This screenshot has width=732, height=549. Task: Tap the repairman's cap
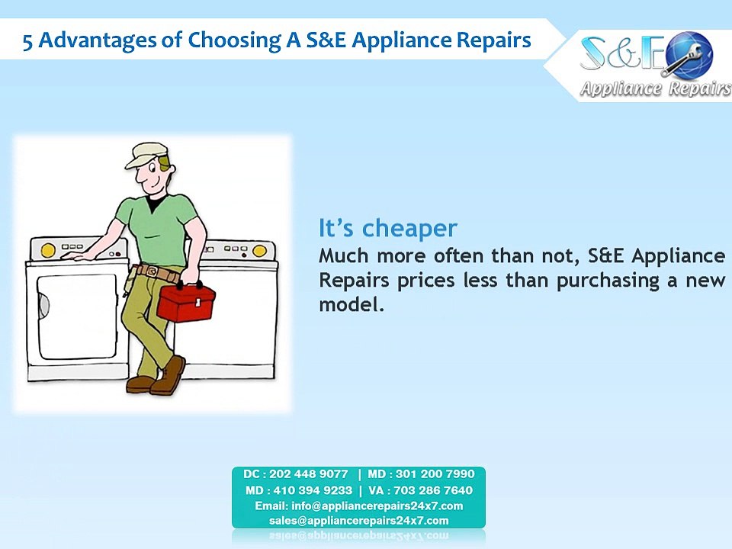[x=146, y=155]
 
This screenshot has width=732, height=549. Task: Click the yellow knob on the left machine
[x=48, y=251]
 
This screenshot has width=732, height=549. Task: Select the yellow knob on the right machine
[x=259, y=252]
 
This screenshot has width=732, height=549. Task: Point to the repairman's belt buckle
[x=152, y=271]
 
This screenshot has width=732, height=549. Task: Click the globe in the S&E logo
[x=689, y=54]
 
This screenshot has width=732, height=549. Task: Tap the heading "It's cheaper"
[x=387, y=228]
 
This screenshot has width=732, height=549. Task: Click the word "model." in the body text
[x=352, y=305]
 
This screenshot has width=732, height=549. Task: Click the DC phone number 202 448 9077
[x=309, y=474]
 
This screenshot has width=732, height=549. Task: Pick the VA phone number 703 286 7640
[x=433, y=490]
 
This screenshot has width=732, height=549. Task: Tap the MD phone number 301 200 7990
[x=435, y=474]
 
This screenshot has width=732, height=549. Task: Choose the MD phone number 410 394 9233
[x=313, y=490]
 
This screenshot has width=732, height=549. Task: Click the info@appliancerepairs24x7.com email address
[x=377, y=506]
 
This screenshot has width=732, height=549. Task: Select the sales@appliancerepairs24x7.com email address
[x=358, y=521]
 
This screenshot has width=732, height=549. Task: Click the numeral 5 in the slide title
[x=27, y=41]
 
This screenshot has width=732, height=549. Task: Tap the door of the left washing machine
[x=77, y=316]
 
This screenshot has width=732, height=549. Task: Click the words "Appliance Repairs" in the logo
[x=655, y=88]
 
